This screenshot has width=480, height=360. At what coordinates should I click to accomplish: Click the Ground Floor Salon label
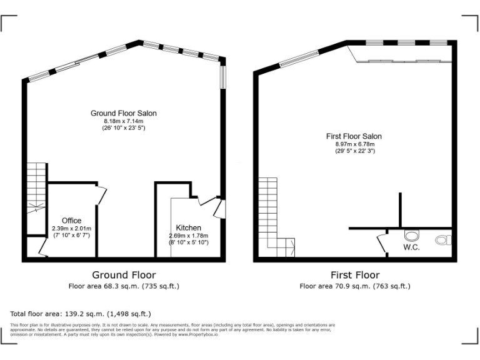[124, 113]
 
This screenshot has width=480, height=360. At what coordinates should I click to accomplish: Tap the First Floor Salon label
[354, 136]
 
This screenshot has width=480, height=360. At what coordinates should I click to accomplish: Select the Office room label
[71, 221]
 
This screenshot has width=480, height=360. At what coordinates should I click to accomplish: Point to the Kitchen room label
[188, 227]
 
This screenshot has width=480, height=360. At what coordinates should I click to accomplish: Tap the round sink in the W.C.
[411, 236]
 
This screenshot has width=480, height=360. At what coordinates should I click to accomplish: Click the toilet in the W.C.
[444, 239]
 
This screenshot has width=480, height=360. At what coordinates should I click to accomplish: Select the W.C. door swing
[382, 242]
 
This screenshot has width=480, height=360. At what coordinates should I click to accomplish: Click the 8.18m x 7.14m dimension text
[124, 121]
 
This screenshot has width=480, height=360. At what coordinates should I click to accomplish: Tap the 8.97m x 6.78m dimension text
[354, 144]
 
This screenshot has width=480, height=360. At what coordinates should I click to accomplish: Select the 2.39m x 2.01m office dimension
[71, 229]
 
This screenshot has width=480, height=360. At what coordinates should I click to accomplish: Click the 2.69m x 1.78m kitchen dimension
[188, 235]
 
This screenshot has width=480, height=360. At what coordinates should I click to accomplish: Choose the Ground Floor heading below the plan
[124, 275]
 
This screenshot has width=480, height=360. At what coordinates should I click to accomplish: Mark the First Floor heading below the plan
[354, 275]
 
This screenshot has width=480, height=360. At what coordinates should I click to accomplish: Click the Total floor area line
[81, 313]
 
